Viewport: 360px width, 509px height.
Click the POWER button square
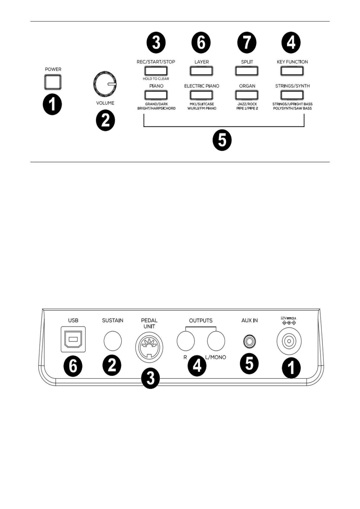(x=53, y=82)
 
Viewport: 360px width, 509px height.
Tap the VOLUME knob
(x=105, y=84)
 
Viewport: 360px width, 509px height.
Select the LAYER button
(x=201, y=71)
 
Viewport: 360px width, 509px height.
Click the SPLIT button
(x=247, y=71)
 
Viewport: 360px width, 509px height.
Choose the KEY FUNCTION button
(x=292, y=71)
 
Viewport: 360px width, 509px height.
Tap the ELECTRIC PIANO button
(x=201, y=95)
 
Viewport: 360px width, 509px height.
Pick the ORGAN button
(x=247, y=95)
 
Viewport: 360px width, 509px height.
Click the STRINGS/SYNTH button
(x=292, y=95)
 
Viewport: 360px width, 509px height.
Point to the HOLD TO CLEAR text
(x=156, y=79)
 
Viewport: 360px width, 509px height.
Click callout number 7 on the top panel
(x=247, y=43)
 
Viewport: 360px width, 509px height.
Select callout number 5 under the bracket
(x=222, y=140)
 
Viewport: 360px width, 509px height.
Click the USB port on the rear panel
(x=73, y=339)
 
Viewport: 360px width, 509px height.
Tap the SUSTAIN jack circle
(x=113, y=341)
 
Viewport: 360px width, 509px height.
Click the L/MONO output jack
(x=216, y=341)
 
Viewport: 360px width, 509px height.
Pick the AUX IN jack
(x=249, y=342)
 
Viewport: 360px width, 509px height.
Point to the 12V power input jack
(x=289, y=342)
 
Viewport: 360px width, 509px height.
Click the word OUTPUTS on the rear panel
(x=201, y=320)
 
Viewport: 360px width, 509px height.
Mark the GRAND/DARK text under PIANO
(x=156, y=104)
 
